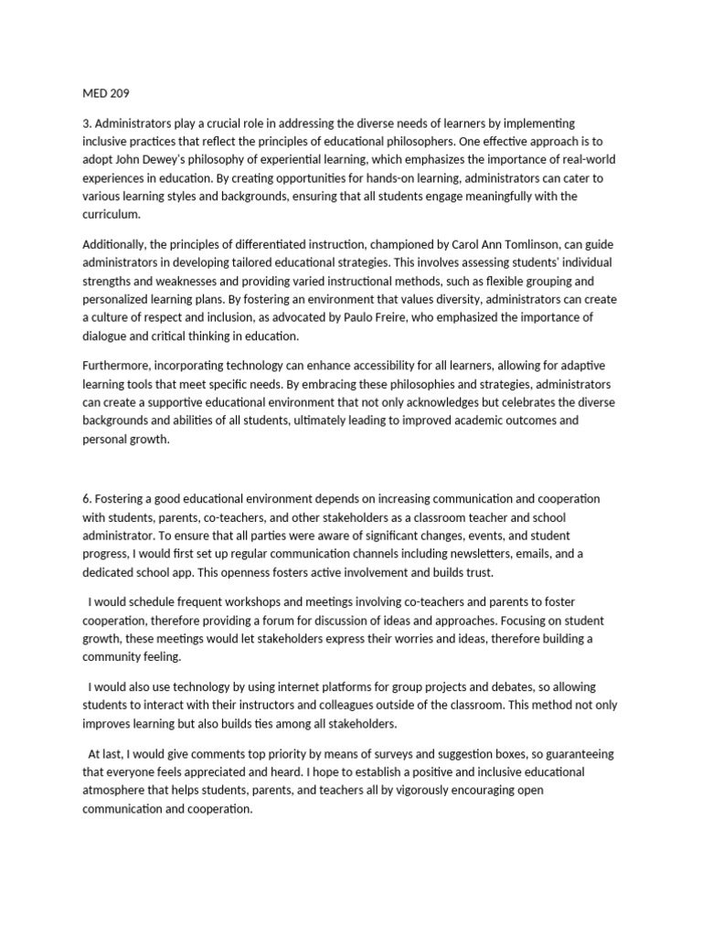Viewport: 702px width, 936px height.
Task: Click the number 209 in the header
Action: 121,92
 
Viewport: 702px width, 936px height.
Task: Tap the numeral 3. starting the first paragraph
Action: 87,123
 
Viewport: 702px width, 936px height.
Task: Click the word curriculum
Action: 112,214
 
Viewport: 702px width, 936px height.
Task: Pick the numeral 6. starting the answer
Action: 87,499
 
